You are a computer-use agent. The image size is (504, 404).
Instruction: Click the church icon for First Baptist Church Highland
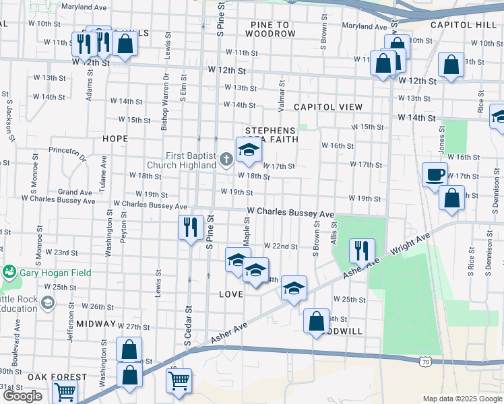click(227, 160)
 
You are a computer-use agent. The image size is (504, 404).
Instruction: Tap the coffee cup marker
click(435, 175)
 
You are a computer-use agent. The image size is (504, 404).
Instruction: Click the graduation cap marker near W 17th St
click(248, 150)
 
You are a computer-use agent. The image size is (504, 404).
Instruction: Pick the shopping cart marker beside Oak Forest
click(64, 391)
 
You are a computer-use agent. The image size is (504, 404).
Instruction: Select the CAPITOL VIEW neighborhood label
click(327, 107)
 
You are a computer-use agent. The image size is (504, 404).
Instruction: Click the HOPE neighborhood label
click(115, 138)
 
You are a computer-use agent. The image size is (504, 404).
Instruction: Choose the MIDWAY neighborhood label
click(96, 324)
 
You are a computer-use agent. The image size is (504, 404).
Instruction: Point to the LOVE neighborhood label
click(230, 295)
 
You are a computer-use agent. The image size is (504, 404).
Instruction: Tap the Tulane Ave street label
click(103, 174)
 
